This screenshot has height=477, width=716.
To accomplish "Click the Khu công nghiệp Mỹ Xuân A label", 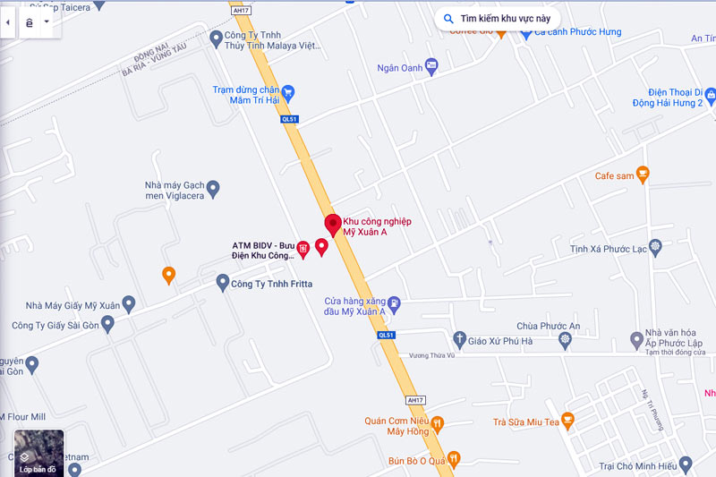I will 377,226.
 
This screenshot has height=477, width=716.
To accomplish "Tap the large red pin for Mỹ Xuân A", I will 332,225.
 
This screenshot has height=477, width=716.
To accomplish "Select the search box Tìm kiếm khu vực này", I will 499,18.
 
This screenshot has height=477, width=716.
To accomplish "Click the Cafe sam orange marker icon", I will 642,174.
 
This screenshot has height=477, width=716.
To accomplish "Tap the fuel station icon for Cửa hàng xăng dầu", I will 394,305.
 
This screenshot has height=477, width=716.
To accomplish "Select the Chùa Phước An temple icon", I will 565,340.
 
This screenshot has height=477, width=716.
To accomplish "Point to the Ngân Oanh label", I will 399,66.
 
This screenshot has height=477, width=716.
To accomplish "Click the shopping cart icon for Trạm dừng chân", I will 288,92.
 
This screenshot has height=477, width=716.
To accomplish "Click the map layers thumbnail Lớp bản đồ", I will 38,453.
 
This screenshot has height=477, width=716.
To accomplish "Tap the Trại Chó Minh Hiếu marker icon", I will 686,464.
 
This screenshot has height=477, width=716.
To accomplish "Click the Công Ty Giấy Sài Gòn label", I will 55,324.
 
